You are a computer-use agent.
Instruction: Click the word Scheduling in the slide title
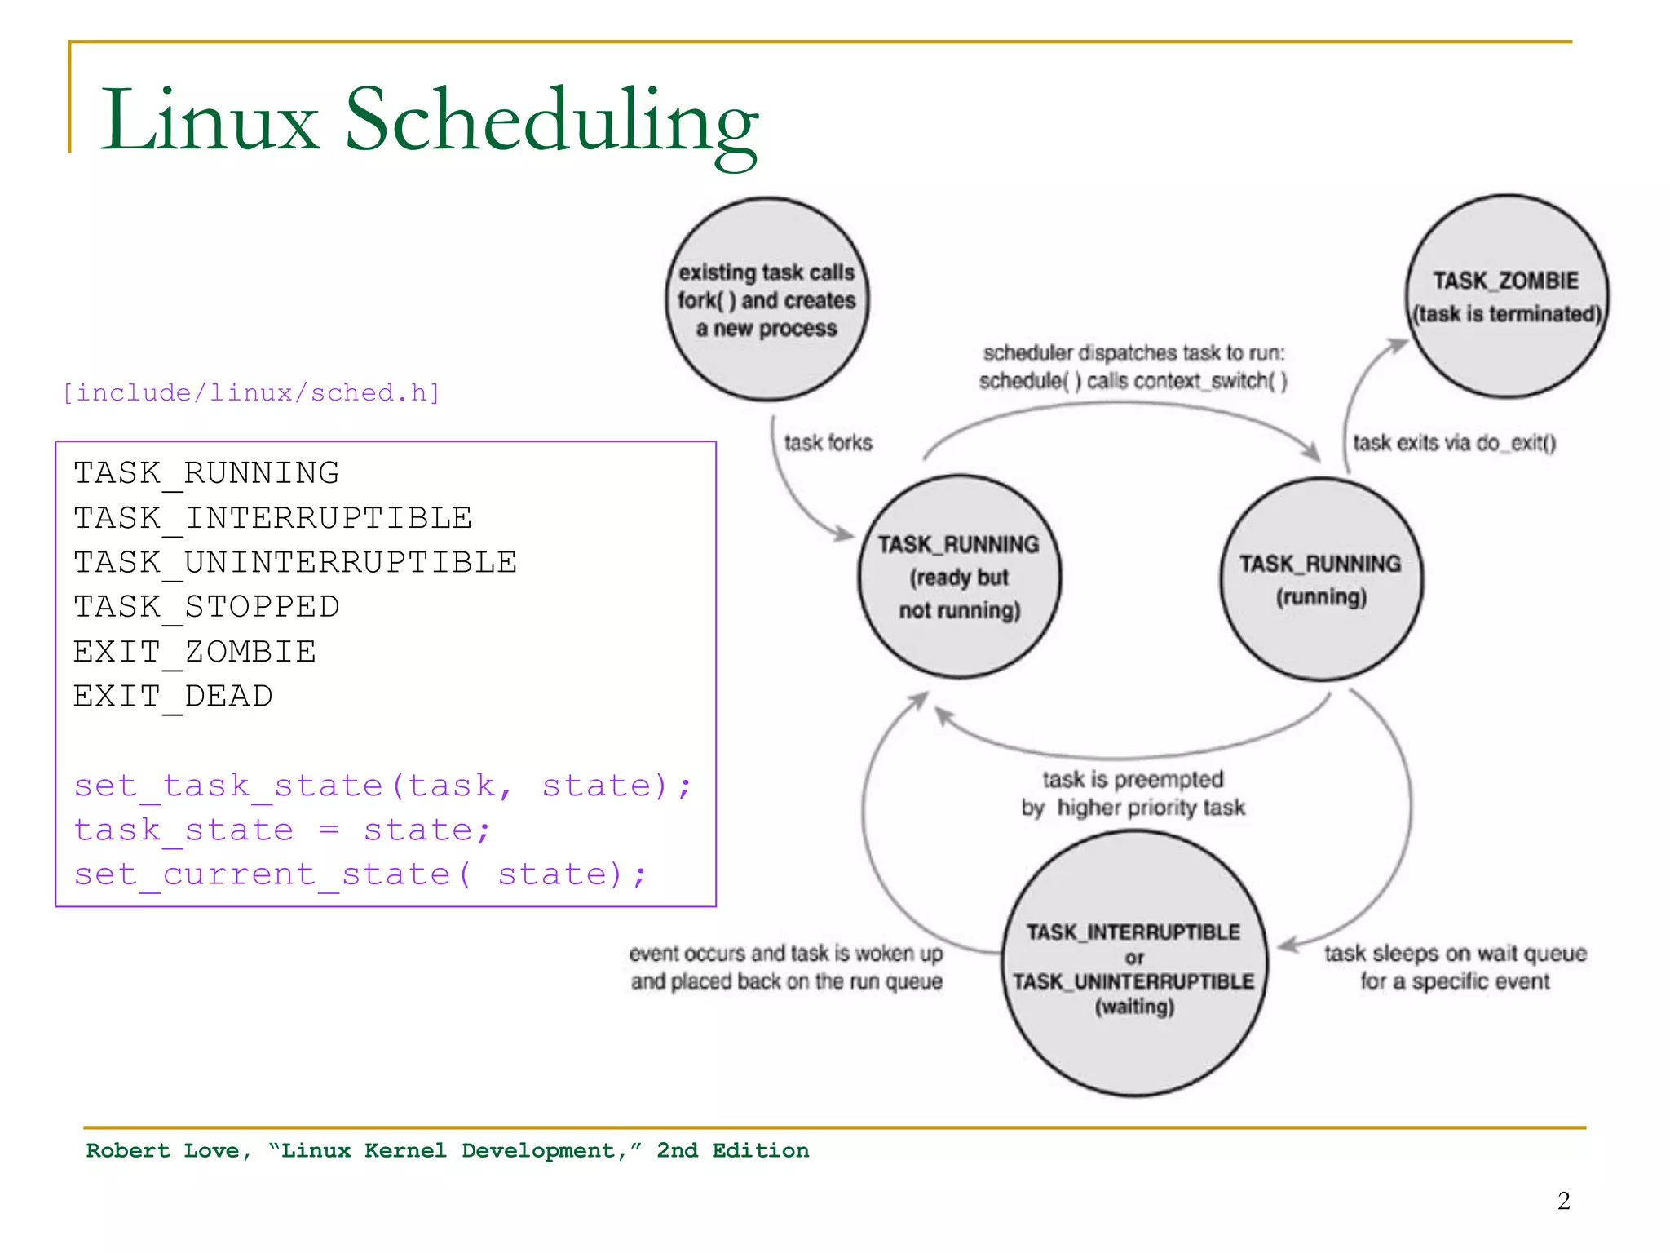[x=551, y=121]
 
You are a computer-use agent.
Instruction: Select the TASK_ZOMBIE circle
[x=1507, y=297]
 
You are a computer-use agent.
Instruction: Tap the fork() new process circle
[x=767, y=299]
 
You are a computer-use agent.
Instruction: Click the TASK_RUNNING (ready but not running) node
[x=959, y=577]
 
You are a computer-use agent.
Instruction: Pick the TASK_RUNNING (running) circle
[x=1321, y=579]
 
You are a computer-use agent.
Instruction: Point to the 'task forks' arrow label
[x=828, y=443]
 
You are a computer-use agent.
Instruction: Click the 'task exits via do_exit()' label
[x=1454, y=443]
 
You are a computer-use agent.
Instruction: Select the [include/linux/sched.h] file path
[x=251, y=393]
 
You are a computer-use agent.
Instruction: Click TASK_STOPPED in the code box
[x=206, y=607]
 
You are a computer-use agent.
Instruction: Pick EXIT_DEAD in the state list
[x=173, y=696]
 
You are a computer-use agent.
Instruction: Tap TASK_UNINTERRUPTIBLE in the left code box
[x=295, y=562]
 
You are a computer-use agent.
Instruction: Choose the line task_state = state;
[x=282, y=830]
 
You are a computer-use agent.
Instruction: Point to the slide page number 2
[x=1563, y=1201]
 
